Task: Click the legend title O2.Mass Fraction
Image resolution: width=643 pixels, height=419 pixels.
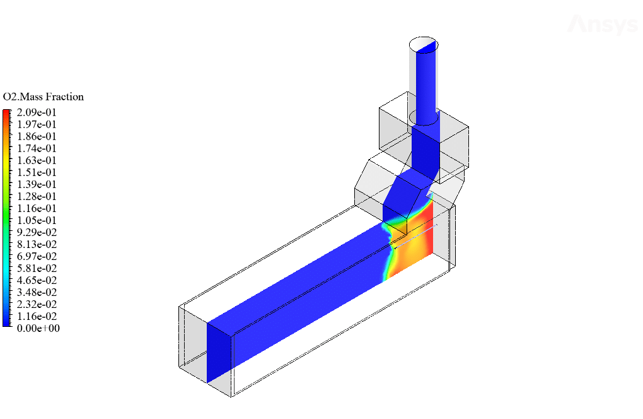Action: (43, 97)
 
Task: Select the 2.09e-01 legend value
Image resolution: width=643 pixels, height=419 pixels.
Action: (37, 112)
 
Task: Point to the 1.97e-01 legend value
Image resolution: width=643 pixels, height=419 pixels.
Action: (37, 124)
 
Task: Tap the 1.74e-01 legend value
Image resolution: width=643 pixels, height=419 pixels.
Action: (37, 148)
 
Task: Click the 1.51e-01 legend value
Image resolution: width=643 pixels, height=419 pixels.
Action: (37, 172)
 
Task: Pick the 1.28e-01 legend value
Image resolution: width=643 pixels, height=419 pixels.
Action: (37, 197)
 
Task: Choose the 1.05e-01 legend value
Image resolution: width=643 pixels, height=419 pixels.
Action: (37, 220)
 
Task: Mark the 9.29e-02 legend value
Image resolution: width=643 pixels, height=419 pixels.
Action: (37, 232)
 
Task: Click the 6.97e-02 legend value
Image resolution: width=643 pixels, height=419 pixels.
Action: (37, 256)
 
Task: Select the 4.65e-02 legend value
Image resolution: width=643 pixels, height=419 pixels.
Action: (37, 280)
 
